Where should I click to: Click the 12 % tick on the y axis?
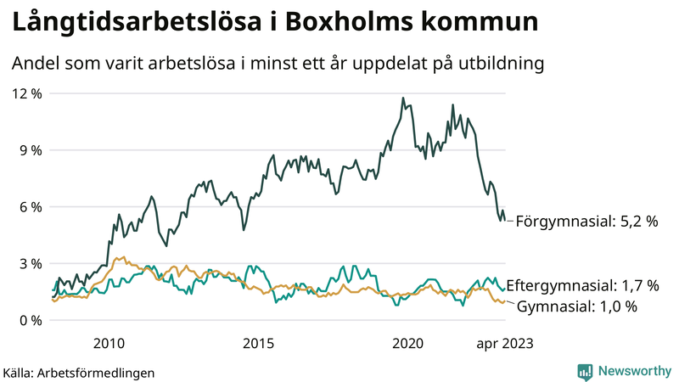click(x=25, y=93)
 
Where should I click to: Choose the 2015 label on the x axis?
click(x=258, y=343)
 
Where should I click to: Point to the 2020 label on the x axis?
click(x=407, y=343)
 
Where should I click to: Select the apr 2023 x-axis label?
click(x=504, y=343)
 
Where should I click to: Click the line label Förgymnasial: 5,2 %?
click(x=587, y=221)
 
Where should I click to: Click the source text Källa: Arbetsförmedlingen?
click(x=79, y=372)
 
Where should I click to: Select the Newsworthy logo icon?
click(x=585, y=371)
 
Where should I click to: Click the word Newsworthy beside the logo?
click(x=633, y=371)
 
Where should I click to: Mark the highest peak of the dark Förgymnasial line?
click(x=402, y=98)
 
